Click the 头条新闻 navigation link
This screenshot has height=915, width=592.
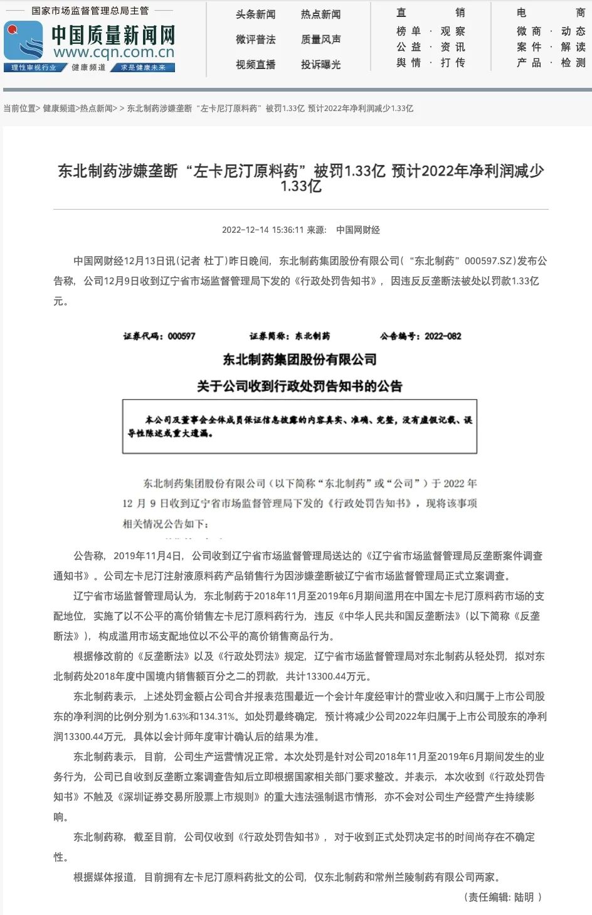point(255,14)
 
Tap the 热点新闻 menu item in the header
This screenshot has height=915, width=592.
point(320,14)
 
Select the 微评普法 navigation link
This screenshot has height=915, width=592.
point(255,40)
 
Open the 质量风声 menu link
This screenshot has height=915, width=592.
point(320,40)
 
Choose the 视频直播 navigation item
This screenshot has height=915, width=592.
point(255,65)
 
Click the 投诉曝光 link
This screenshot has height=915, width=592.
point(320,65)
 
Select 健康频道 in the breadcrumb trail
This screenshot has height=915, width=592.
point(60,109)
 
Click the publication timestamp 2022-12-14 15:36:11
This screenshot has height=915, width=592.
point(262,230)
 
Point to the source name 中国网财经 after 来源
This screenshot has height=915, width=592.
point(358,230)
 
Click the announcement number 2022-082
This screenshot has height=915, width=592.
point(443,336)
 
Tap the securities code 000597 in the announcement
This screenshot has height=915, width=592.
point(181,336)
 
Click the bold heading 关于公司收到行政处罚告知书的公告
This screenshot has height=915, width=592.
point(299,386)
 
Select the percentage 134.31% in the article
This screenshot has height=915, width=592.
point(218,717)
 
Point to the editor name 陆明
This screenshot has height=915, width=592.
point(524,897)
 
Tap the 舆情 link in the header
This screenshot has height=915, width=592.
point(409,63)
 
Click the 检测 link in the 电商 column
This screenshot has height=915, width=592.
point(573,63)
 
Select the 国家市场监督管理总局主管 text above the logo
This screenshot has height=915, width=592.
point(90,11)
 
